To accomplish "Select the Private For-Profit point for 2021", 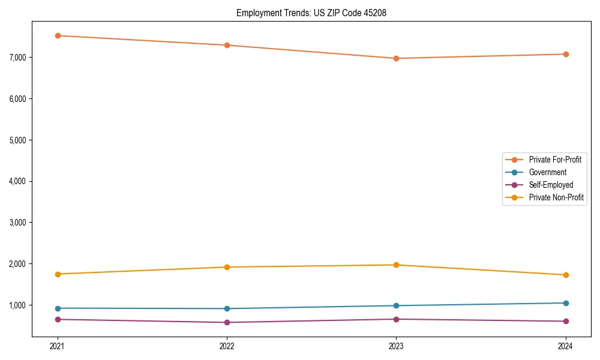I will click(x=58, y=35).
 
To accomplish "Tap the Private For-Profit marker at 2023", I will click(x=396, y=58).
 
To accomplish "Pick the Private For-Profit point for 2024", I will click(x=566, y=54).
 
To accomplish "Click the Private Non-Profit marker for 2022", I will click(x=227, y=267).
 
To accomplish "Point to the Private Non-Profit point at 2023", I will click(x=396, y=265).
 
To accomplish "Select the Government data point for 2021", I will click(x=58, y=308).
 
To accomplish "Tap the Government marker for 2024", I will click(x=566, y=303).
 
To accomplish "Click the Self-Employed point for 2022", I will click(x=227, y=322).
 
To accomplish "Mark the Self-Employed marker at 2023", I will click(x=396, y=319).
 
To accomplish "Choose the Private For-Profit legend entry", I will click(x=555, y=160).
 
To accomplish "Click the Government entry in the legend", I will click(x=547, y=172).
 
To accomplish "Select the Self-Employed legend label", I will click(x=551, y=185).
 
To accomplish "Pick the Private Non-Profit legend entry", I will click(x=556, y=197).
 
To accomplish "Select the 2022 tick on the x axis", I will click(x=227, y=346).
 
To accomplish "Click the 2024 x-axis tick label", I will click(x=566, y=346).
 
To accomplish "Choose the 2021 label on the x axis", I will click(x=58, y=346).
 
